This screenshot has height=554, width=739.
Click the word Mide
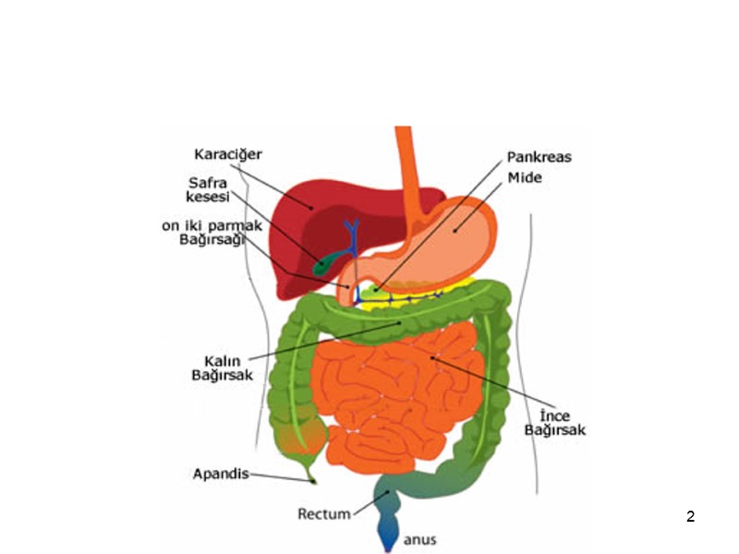(x=524, y=176)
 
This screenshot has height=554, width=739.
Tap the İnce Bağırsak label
(x=555, y=422)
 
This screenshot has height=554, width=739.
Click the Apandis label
(x=221, y=474)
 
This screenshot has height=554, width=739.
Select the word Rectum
(x=323, y=513)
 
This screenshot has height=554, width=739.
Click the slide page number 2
(x=690, y=516)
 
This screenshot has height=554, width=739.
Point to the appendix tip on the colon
(x=312, y=478)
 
